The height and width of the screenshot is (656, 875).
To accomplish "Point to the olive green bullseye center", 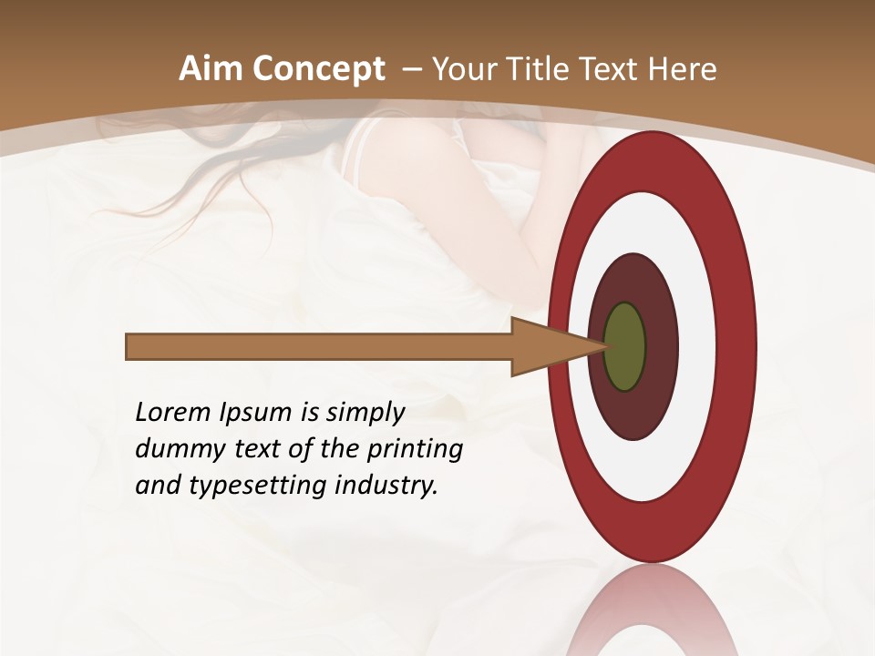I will point(624,346).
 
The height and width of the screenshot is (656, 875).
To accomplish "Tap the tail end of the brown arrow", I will point(129,346).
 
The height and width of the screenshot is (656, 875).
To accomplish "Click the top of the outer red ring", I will point(652,146).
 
